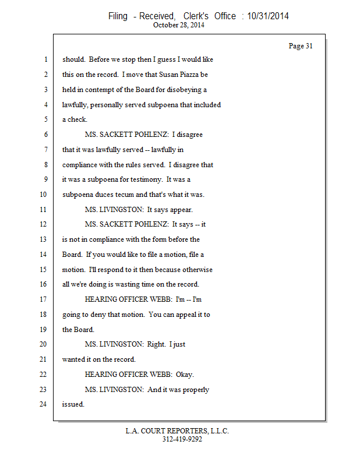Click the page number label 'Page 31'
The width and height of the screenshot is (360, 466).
pos(301,46)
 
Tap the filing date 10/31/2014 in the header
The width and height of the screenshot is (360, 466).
pos(268,16)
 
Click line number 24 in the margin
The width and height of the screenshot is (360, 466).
pos(43,404)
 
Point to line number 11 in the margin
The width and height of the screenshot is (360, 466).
pos(43,210)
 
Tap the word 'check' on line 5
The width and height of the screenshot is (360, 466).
pos(77,119)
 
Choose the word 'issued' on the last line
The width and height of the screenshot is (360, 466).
pos(73,404)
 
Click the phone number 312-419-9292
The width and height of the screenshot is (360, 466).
pos(182,439)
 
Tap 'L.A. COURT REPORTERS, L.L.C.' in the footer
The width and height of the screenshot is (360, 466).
pos(177,431)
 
